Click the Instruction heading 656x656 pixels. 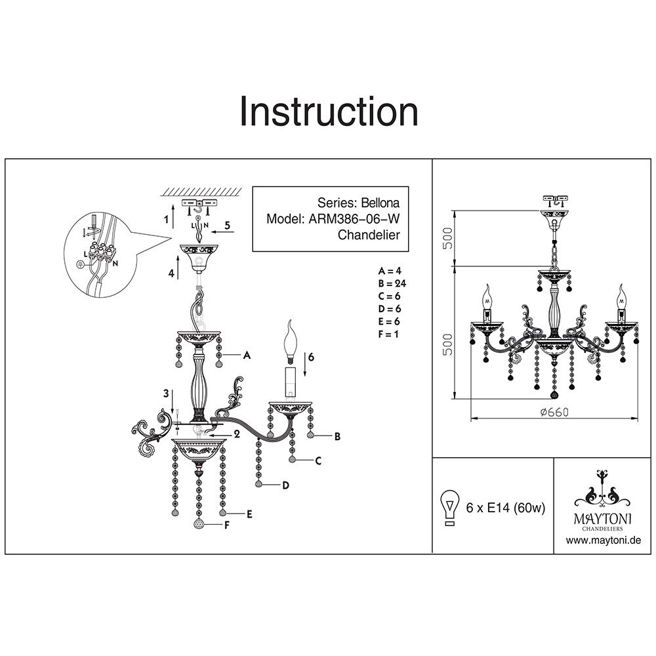pos(329,112)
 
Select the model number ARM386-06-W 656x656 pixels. pos(351,220)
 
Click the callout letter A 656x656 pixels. pos(247,355)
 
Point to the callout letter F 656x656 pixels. pos(227,525)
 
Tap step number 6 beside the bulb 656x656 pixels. pos(311,356)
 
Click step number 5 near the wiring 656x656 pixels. pos(227,225)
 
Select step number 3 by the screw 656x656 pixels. pos(167,394)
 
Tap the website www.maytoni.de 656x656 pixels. pos(602,540)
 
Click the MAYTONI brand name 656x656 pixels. pos(602,518)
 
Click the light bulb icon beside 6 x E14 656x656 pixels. pos(450,507)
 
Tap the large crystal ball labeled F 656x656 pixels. pos(199,524)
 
